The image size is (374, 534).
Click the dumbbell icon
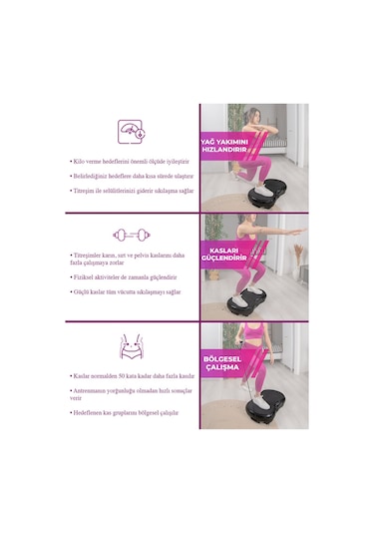(132, 236)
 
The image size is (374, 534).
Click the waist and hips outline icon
(132, 346)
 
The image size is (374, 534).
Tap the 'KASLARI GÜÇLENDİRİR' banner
(223, 254)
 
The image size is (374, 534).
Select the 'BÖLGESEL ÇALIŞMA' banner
(223, 362)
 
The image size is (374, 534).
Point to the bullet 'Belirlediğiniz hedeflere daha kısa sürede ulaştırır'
(131, 174)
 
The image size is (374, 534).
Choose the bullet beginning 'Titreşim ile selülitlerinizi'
(131, 189)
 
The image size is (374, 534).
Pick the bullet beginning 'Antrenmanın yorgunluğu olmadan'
(130, 394)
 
